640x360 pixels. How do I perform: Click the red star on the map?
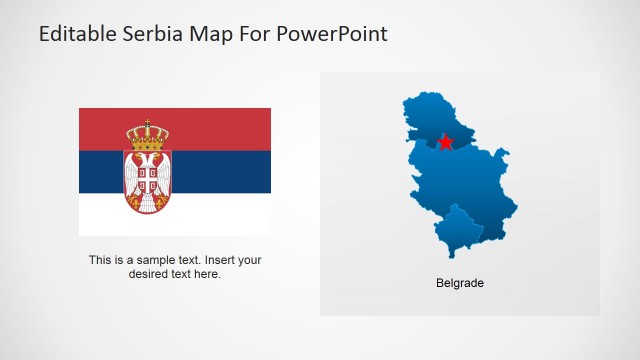[x=445, y=143]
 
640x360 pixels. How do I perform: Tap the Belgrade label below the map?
[x=460, y=283]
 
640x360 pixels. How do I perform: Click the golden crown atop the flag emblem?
[x=147, y=133]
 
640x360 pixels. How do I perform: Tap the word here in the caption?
[x=208, y=273]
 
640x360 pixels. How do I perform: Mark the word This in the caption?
[x=99, y=260]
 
